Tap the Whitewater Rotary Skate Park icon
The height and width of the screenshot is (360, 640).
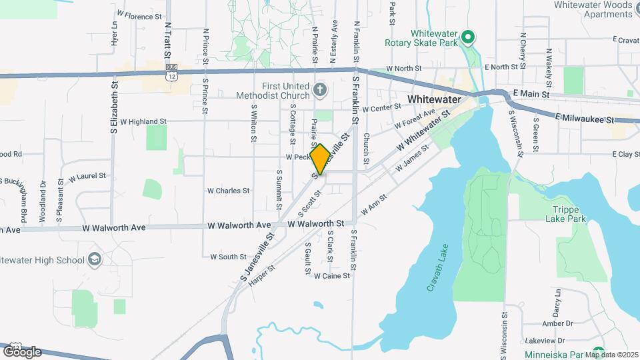coord(468,37)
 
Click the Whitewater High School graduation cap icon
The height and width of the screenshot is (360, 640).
coord(94,259)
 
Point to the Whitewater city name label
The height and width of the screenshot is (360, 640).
coord(434,99)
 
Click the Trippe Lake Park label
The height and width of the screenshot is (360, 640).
coord(564,213)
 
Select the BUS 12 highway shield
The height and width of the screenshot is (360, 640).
coord(172,73)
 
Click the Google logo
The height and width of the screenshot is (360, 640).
coord(21,351)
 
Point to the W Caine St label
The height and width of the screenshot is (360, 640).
coord(332,275)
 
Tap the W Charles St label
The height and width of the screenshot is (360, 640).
coord(228,191)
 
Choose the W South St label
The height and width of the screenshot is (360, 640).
coord(229,257)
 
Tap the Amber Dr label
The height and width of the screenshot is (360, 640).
coord(539,323)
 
